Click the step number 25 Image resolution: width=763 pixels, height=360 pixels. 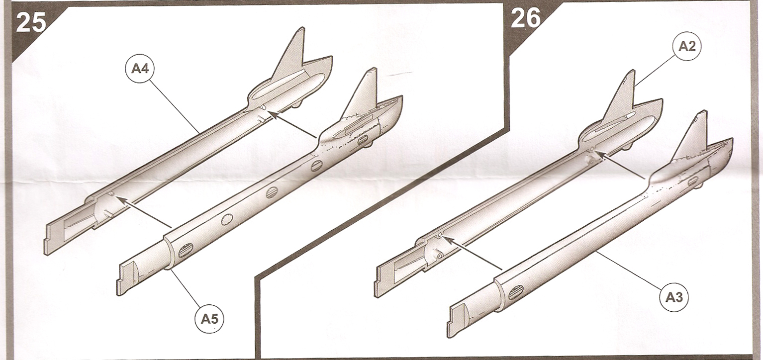[x=31, y=22]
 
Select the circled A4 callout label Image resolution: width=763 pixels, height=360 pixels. [x=140, y=69]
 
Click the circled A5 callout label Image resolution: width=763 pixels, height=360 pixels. [x=209, y=319]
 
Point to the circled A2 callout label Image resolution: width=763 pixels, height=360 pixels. [x=687, y=46]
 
